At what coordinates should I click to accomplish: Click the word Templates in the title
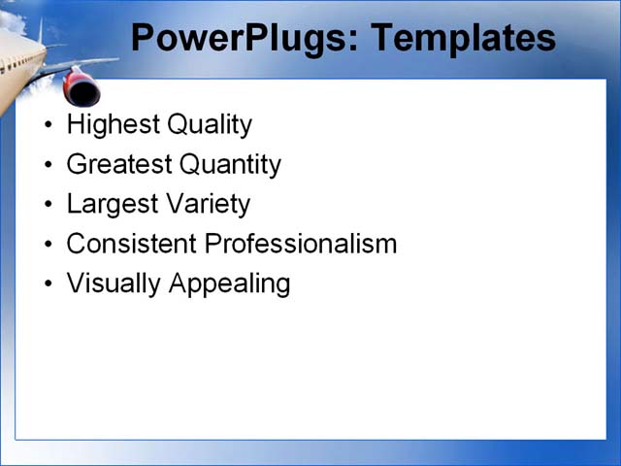coord(463,38)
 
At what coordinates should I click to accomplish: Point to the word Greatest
coord(117,165)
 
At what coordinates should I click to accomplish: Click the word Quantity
coord(229,165)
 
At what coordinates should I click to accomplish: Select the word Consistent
coord(131,244)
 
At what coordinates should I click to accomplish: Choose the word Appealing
coord(229,283)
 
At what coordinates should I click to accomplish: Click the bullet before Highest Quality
coord(49,126)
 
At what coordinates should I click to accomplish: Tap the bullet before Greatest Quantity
coord(49,166)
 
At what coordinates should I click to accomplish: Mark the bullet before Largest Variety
coord(49,205)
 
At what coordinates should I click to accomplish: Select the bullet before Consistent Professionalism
coord(49,245)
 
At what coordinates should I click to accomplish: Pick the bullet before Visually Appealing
coord(49,284)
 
